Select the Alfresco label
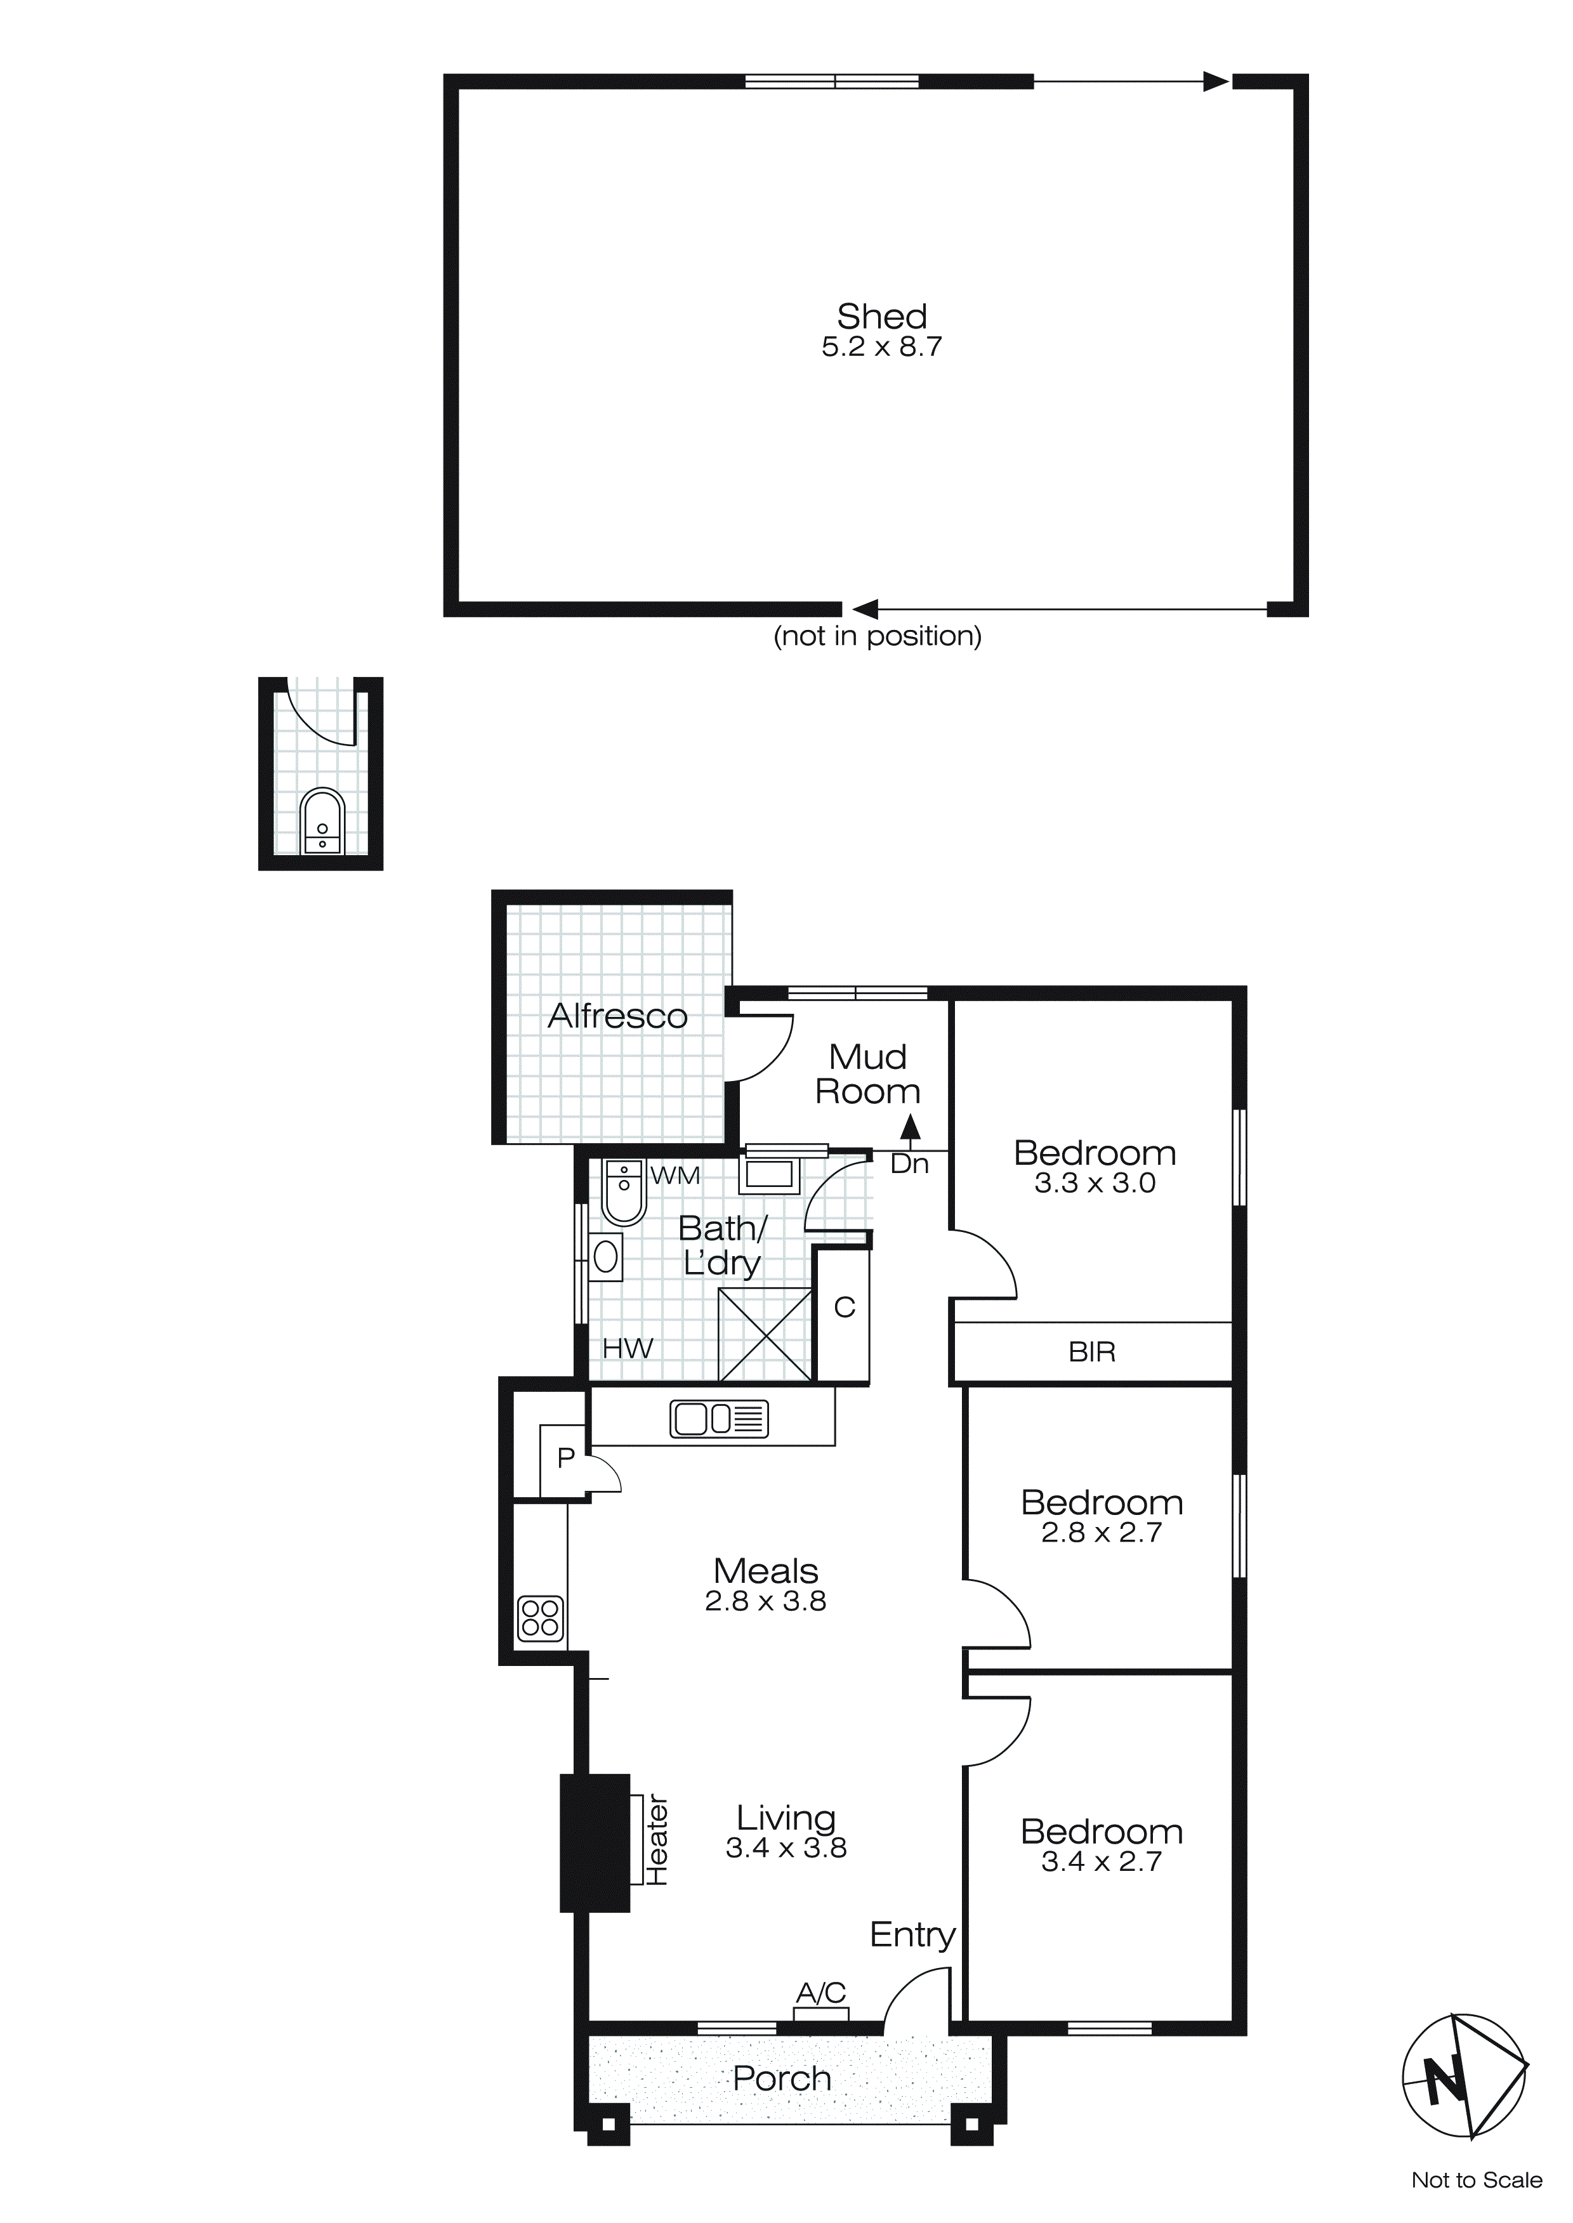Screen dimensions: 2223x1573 tap(617, 1016)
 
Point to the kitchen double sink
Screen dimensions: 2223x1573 tap(719, 1419)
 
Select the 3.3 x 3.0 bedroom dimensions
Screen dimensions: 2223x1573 tap(1095, 1183)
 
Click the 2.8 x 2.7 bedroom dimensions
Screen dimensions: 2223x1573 tap(1102, 1533)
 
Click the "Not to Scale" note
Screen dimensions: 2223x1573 tap(1476, 2180)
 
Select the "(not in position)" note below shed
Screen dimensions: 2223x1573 tap(878, 636)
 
